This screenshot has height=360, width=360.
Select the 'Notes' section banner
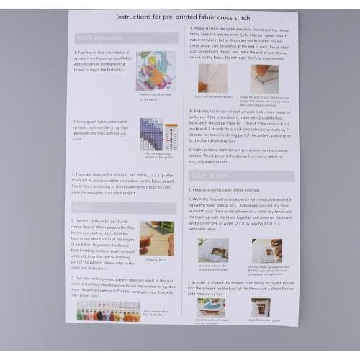(84, 207)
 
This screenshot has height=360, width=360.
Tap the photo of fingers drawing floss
(156, 238)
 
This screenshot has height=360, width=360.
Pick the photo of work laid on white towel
(213, 250)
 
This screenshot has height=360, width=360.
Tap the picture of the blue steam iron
(211, 307)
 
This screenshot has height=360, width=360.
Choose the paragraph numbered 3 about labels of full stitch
(122, 184)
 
